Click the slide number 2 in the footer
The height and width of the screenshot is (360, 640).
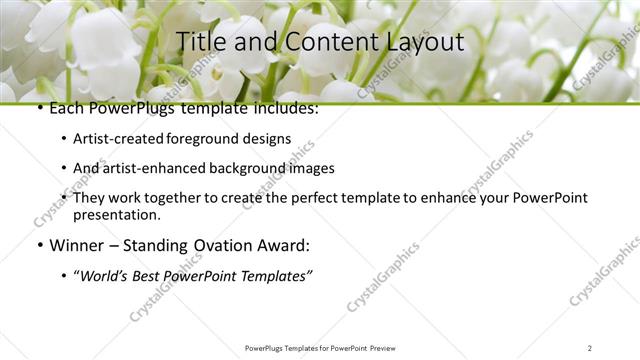pyautogui.click(x=590, y=348)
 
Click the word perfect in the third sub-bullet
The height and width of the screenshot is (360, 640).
pyautogui.click(x=316, y=198)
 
